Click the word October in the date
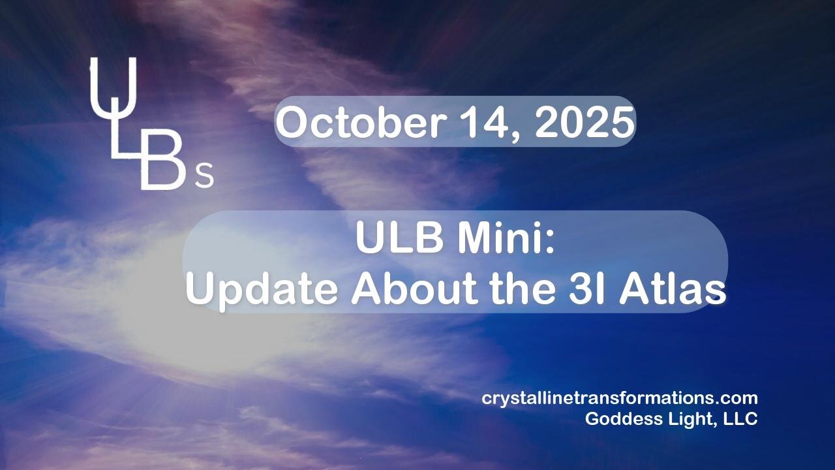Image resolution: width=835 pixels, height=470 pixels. click(361, 121)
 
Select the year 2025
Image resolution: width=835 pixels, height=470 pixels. click(584, 122)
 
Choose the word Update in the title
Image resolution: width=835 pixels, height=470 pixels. click(262, 290)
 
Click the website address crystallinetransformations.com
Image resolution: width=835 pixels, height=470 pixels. click(620, 398)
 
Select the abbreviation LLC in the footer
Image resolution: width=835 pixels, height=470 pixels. click(740, 419)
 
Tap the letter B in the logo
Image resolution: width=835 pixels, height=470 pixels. click(163, 160)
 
